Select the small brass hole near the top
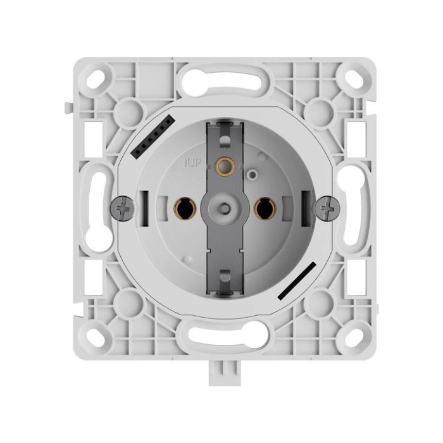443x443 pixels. [x=223, y=166]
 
